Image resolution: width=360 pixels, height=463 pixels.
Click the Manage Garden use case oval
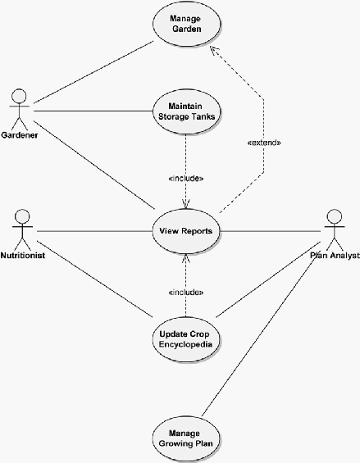[x=186, y=24]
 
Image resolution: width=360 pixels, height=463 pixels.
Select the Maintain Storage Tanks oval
[x=186, y=111]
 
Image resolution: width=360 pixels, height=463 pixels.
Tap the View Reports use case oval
[x=186, y=231]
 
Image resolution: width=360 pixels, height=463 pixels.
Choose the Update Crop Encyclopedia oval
[x=186, y=339]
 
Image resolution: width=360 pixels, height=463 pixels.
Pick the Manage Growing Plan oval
[x=186, y=438]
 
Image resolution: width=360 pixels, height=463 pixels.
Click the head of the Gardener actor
[x=19, y=96]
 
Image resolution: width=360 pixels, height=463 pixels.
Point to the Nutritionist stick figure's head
[x=22, y=216]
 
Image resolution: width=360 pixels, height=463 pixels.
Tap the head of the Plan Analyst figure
[x=335, y=216]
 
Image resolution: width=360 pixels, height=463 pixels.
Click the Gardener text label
[x=20, y=135]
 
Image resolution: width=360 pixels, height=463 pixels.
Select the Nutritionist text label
[x=23, y=255]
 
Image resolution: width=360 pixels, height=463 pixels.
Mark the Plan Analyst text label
[x=335, y=255]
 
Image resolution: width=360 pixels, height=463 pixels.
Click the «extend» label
[x=264, y=143]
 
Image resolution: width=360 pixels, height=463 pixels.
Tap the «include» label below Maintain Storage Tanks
[x=186, y=179]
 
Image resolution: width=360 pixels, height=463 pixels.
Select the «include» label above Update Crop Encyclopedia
[x=186, y=293]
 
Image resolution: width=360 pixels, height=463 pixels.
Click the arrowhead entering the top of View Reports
[x=186, y=205]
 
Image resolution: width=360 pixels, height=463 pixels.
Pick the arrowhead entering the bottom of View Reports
[x=185, y=258]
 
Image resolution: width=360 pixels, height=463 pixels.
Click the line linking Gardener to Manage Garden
[x=93, y=72]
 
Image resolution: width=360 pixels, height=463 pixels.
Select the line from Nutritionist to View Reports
[x=94, y=231]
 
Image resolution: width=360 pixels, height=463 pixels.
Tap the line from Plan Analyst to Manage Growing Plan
[x=259, y=335]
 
